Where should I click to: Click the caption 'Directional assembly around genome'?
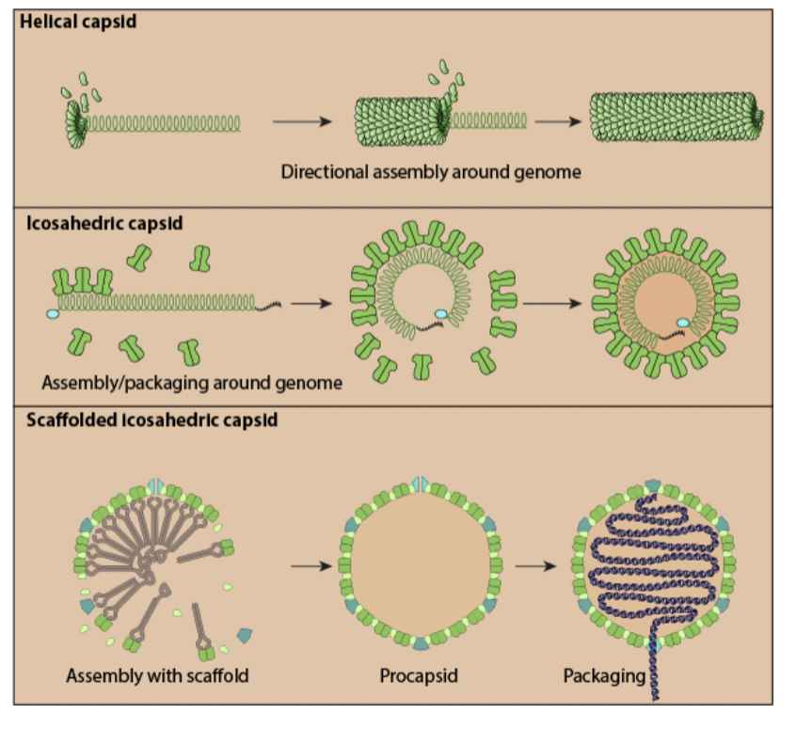pyautogui.click(x=431, y=172)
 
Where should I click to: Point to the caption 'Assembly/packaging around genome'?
pyautogui.click(x=192, y=383)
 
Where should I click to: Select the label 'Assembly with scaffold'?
pyautogui.click(x=157, y=675)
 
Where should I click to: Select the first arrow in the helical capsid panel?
pyautogui.click(x=302, y=121)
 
